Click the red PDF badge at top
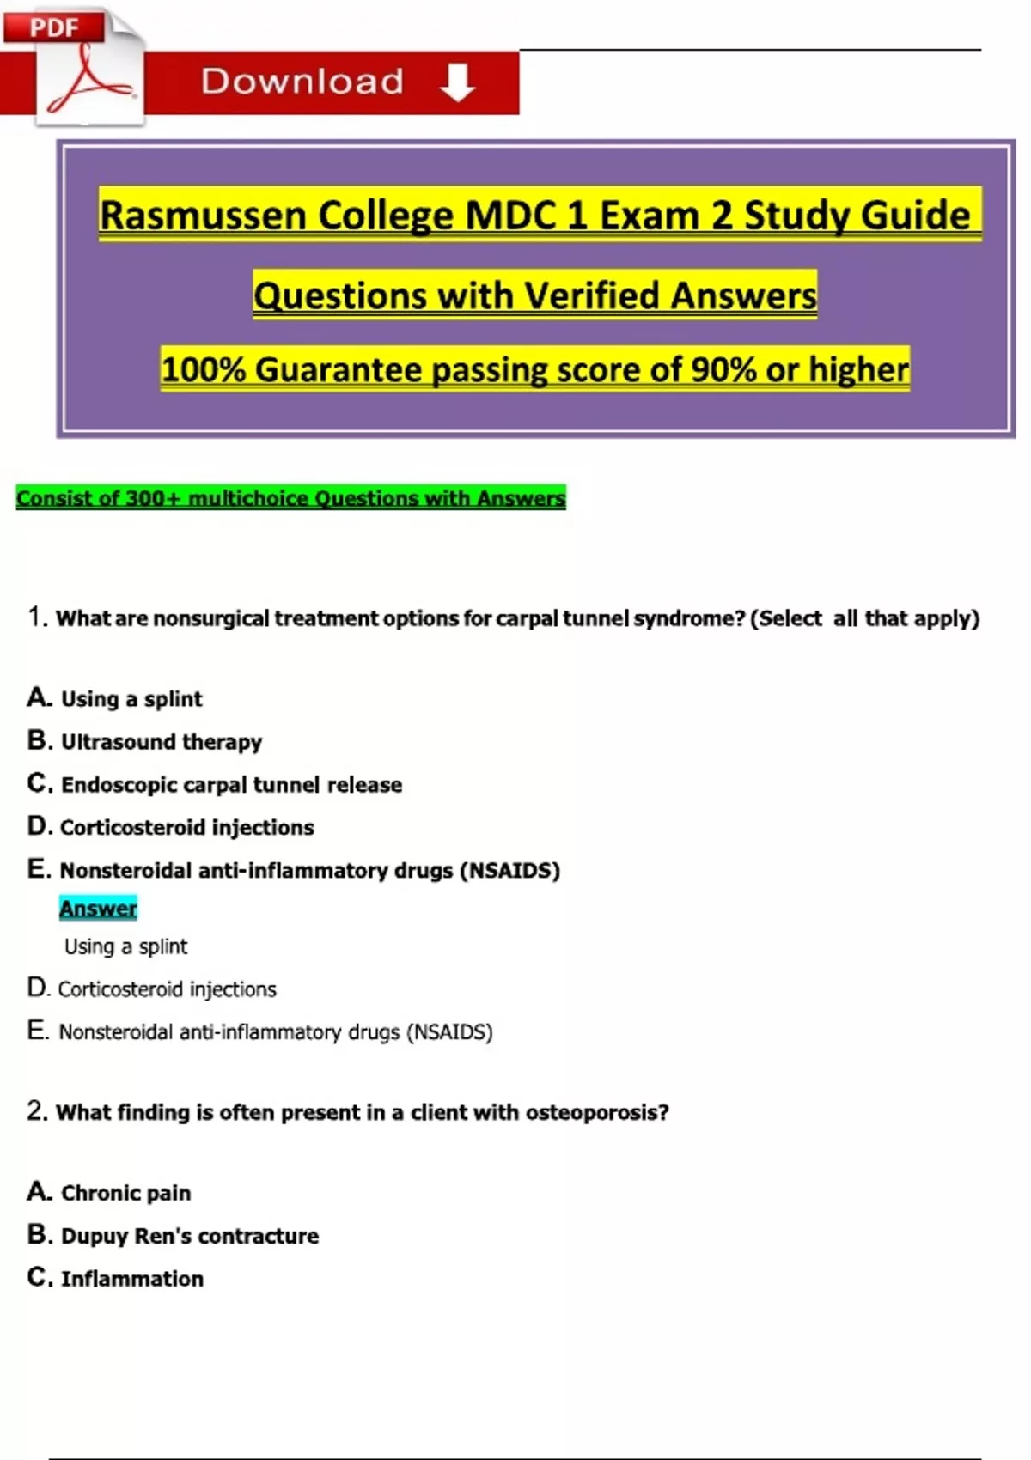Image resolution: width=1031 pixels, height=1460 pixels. coord(53,27)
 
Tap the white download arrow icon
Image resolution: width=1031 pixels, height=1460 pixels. coord(457,82)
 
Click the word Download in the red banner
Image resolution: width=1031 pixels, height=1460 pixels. coord(302,82)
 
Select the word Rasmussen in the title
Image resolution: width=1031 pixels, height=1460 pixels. coord(203,215)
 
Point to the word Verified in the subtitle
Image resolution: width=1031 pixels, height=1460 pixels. coord(593,295)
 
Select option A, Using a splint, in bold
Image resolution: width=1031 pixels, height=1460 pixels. coord(131,699)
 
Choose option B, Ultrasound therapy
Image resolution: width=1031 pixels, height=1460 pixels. coord(161,742)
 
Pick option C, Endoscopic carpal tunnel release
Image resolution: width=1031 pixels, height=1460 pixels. coord(230,785)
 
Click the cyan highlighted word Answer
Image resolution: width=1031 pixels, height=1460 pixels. coord(98,909)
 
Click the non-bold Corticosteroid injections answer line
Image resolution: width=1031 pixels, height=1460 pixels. coord(167,989)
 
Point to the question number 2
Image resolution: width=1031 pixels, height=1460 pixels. coord(36,1111)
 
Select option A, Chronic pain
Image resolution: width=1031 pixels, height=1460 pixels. coord(125,1193)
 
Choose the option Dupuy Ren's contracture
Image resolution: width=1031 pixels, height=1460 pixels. coord(189,1236)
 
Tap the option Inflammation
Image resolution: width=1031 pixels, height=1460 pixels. coord(131,1279)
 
